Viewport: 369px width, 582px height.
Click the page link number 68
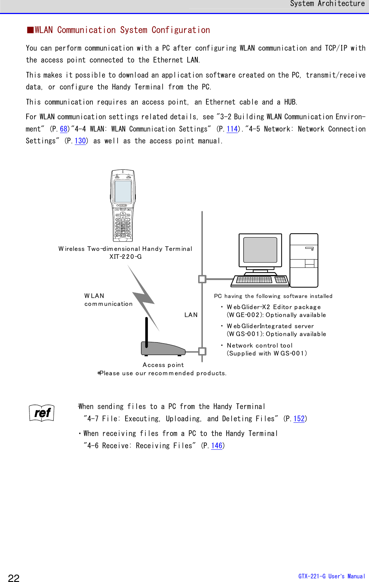64,129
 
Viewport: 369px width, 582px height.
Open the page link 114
232,129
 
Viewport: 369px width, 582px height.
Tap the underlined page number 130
80,141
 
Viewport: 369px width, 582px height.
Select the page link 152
299,419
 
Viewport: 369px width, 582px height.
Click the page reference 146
217,446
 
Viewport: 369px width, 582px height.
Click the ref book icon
42,413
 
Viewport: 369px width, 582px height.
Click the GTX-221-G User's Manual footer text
331,576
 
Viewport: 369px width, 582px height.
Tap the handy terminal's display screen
123,192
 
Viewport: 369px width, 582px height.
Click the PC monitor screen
260,250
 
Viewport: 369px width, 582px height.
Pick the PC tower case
304,260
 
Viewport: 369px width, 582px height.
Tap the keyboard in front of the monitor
260,280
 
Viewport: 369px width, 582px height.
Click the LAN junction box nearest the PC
202,279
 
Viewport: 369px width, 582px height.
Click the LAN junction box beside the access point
202,351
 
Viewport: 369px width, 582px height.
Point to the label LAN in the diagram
191,315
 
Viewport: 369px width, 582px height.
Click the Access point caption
163,365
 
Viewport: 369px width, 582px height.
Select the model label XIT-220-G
126,257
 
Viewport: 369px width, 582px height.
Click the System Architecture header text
327,4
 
